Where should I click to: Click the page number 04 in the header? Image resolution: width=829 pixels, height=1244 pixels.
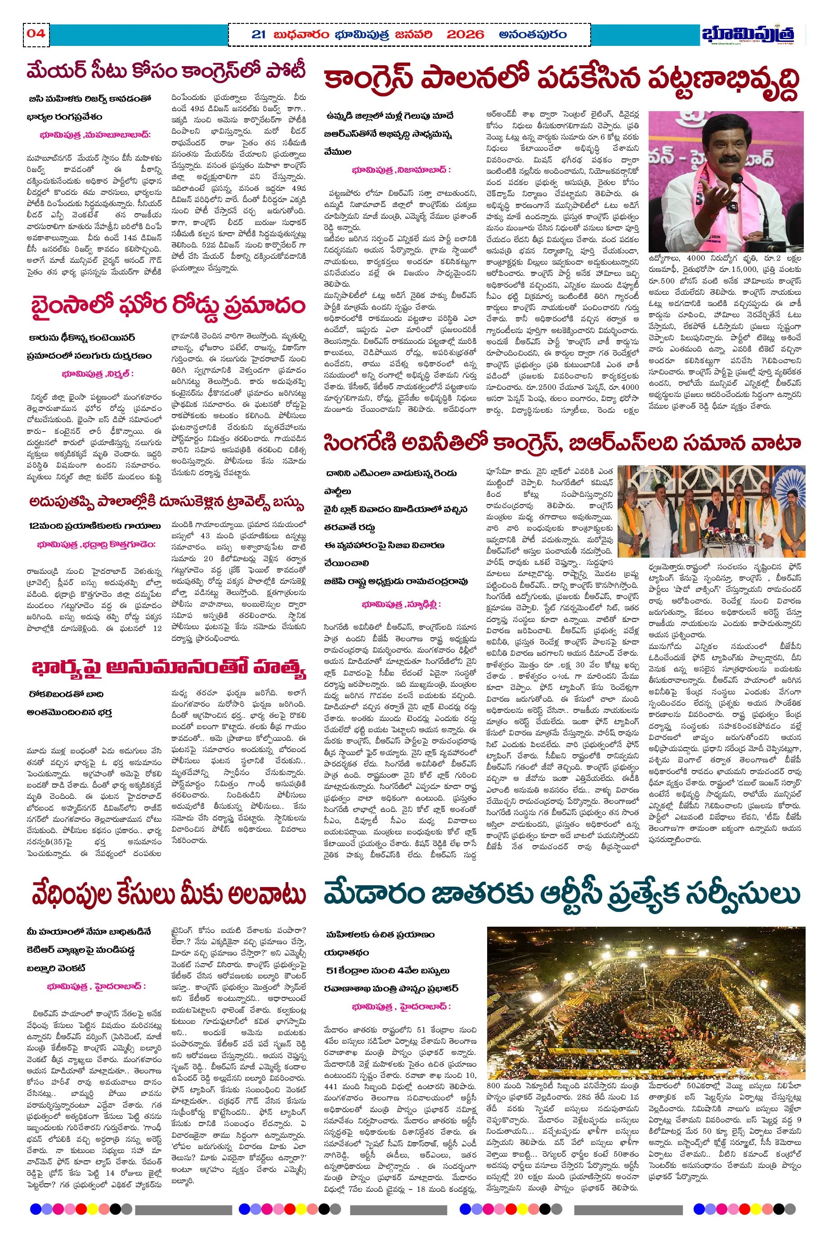pos(36,33)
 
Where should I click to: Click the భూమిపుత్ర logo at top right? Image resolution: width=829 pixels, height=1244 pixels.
pos(748,34)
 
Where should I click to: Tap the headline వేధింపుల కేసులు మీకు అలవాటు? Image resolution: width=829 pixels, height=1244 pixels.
pos(168,893)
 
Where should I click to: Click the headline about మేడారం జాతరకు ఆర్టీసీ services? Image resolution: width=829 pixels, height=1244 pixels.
pos(562,893)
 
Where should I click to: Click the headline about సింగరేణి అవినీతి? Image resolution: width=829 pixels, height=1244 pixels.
pos(561,442)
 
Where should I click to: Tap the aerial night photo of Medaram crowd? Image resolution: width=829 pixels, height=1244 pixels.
pos(646,1001)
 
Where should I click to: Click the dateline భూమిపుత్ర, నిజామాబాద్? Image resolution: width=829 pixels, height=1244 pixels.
pos(401,170)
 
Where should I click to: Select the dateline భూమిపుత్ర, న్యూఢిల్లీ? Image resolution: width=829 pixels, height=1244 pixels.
pos(401,604)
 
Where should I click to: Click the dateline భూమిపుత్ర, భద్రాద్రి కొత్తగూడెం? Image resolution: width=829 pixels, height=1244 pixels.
pos(96,544)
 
